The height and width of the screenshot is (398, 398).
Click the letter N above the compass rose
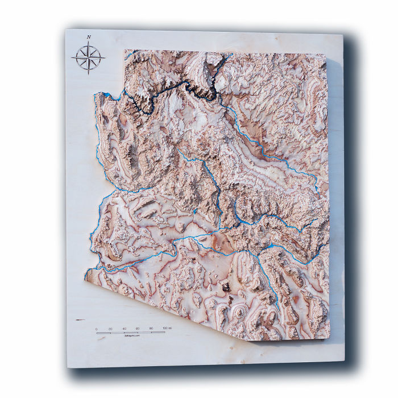89,37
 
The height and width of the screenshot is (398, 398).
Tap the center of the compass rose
89,57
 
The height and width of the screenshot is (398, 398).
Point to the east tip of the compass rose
105,57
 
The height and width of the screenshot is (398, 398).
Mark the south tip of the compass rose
89,74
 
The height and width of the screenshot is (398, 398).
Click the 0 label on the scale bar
96,329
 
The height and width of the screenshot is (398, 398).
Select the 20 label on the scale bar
110,329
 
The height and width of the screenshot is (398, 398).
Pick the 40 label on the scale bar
124,329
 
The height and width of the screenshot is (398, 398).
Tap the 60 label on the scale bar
138,329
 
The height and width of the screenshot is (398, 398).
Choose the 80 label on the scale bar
151,329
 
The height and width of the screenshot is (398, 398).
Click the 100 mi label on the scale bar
168,329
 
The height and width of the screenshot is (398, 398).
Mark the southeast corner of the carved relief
329,337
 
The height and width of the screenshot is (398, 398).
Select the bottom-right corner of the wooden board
345,360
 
